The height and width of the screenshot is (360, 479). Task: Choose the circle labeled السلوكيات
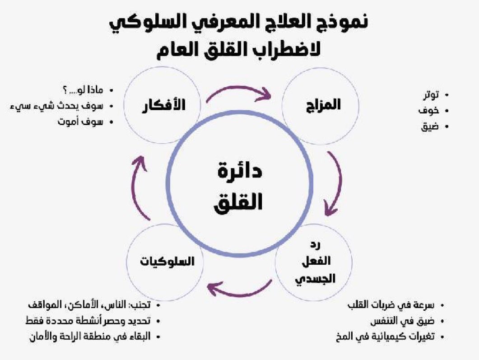click(x=165, y=261)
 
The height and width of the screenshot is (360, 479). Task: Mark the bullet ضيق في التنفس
click(x=404, y=321)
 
